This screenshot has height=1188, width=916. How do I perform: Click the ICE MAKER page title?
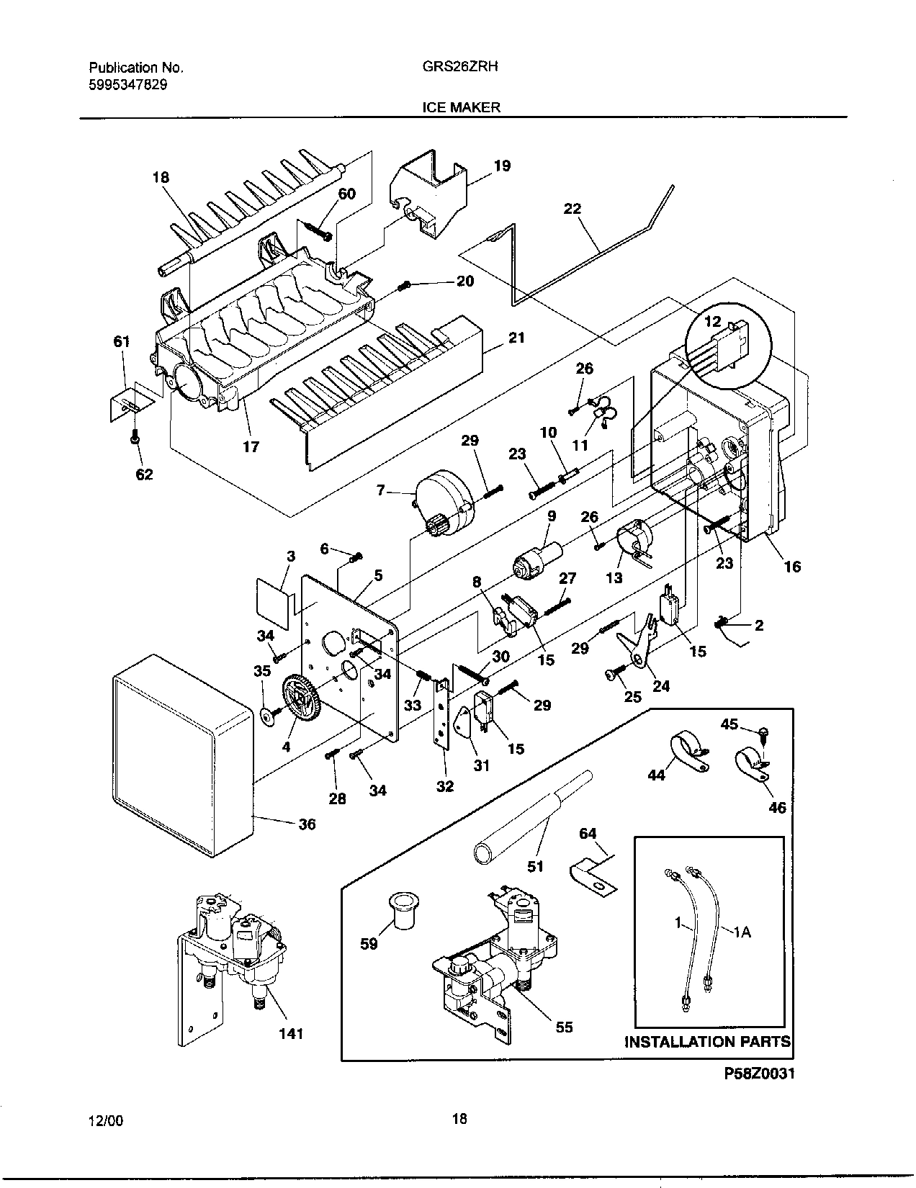coord(461,107)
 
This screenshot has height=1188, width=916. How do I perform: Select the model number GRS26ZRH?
coord(460,66)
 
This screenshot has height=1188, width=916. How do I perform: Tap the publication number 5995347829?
coord(129,84)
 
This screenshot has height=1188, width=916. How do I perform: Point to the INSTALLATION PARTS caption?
coord(707,1041)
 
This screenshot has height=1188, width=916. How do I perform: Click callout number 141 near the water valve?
coord(291,1033)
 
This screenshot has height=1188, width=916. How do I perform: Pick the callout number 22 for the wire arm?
coord(572,209)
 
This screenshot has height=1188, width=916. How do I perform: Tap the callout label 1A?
coord(742,932)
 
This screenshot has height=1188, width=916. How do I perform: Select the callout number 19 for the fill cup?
coord(502,166)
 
